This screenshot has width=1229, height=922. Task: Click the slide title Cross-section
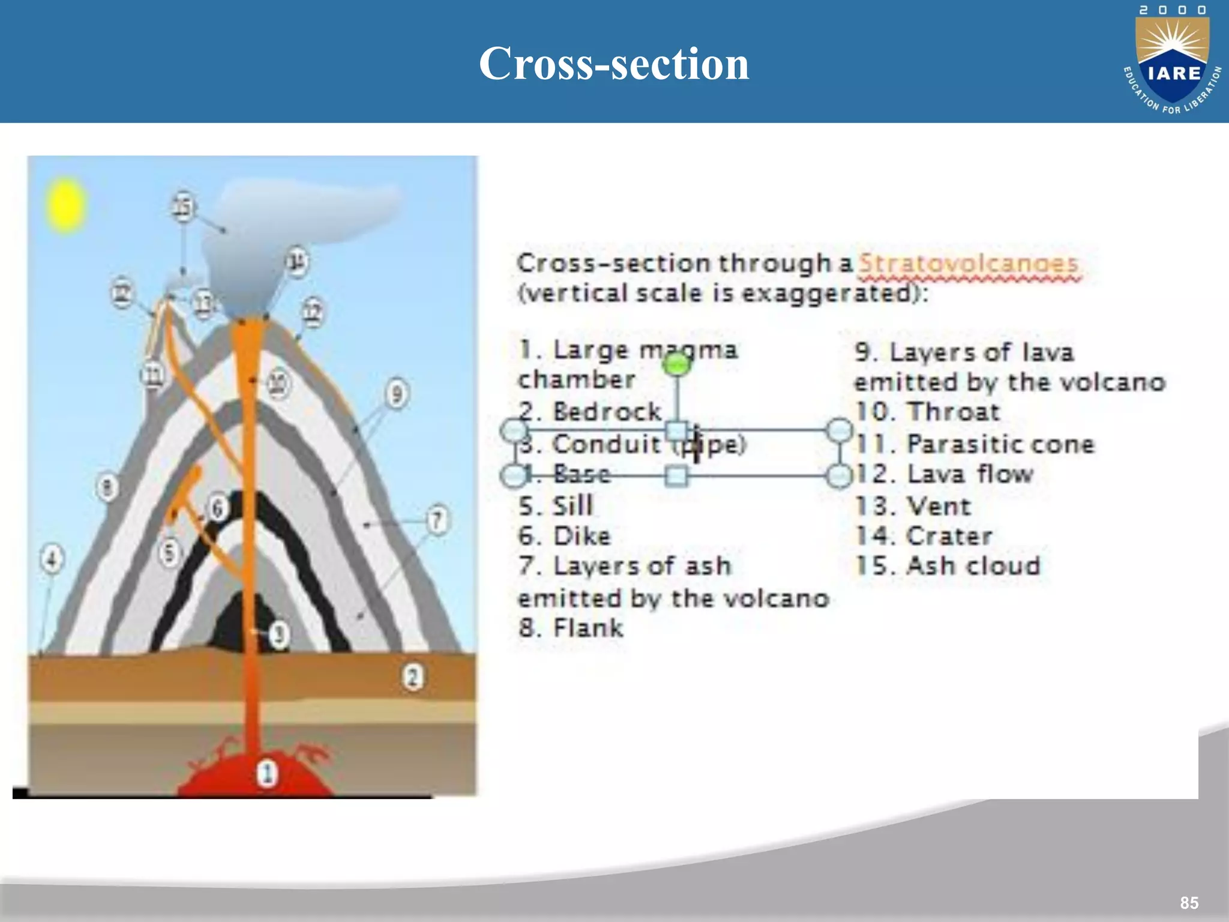click(x=614, y=64)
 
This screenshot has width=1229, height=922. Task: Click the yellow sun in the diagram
click(x=66, y=205)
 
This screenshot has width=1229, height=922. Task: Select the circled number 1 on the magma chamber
click(x=268, y=773)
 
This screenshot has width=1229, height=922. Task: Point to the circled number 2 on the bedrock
click(x=412, y=677)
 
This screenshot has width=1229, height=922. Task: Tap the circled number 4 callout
click(x=52, y=559)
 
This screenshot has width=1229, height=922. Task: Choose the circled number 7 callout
click(x=437, y=520)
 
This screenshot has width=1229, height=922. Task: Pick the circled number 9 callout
click(x=397, y=394)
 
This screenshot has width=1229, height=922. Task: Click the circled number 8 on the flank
click(x=107, y=487)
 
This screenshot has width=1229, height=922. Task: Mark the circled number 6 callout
click(x=217, y=508)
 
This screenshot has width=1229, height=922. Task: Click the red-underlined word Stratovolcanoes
click(x=969, y=264)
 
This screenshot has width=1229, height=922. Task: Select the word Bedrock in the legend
click(x=607, y=412)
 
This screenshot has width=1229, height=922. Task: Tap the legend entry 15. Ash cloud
click(x=948, y=566)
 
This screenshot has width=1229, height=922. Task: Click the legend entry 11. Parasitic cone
click(x=975, y=444)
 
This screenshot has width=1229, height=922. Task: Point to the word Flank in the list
click(x=588, y=628)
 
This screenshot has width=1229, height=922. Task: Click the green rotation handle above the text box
click(x=678, y=364)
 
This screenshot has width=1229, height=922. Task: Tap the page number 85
click(x=1189, y=903)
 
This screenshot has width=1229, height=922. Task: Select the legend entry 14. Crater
click(x=924, y=536)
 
